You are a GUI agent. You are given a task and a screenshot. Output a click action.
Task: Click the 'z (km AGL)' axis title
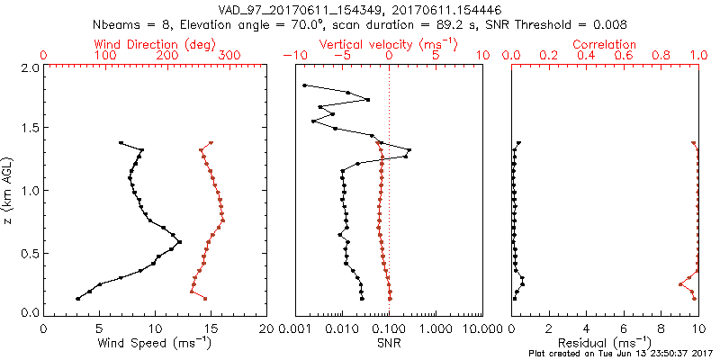point(9,188)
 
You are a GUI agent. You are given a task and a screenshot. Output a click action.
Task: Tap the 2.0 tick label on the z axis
point(29,67)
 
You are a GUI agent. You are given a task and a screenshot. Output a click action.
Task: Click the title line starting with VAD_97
point(360,9)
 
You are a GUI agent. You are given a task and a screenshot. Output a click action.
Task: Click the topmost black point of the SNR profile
point(305,85)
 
